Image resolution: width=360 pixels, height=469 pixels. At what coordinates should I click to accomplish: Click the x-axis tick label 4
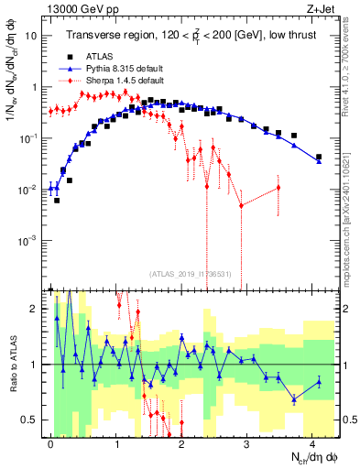coord(312,443)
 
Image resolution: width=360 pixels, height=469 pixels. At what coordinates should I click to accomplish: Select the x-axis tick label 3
coord(246,443)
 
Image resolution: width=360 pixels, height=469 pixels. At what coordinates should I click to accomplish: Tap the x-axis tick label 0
coord(50,443)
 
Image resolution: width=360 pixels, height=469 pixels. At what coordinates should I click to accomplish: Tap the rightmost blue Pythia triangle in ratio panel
coord(318,382)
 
